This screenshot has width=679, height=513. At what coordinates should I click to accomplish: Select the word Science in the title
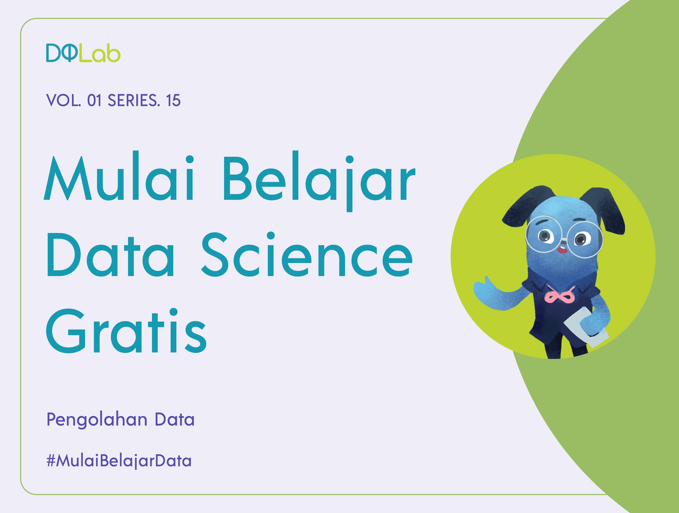point(307,255)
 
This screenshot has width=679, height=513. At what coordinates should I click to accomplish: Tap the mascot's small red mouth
point(562,250)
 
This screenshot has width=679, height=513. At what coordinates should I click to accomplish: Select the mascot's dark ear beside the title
point(522,209)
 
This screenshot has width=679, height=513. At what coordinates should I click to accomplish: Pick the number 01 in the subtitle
point(94,100)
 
